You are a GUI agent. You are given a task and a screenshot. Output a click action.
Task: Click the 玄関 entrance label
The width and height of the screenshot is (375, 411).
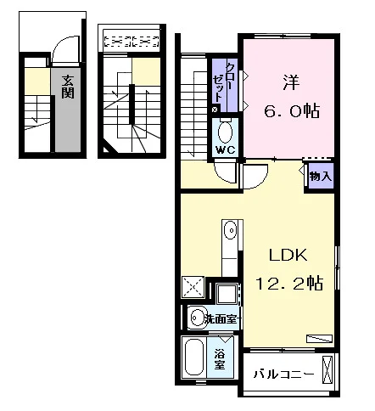tap(68, 87)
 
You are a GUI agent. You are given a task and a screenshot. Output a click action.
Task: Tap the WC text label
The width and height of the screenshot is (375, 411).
tap(225, 149)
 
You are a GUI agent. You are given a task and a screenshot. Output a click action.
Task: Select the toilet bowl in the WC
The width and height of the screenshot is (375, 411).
tap(226, 132)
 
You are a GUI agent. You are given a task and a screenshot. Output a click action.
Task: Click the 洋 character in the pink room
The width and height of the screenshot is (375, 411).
tap(291, 82)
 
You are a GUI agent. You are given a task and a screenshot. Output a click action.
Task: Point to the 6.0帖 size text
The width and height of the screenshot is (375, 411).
tap(292, 111)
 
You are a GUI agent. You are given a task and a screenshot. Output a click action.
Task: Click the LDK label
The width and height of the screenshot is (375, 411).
tap(288, 255)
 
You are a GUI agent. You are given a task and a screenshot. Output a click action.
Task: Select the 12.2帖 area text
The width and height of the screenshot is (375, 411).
tap(289, 283)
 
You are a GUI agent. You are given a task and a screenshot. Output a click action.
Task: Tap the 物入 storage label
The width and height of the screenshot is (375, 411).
tap(321, 177)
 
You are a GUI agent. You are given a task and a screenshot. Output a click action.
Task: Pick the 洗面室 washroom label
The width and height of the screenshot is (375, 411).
tap(221, 319)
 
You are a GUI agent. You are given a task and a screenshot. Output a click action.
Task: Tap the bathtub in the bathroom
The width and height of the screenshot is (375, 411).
tap(194, 358)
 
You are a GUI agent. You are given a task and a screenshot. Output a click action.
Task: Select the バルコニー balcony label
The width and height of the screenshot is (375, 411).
tap(283, 374)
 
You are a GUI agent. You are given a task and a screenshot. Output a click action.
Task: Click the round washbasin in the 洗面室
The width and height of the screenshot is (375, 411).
tap(198, 318)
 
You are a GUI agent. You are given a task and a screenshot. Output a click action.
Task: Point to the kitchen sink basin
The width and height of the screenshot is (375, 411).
tap(230, 230)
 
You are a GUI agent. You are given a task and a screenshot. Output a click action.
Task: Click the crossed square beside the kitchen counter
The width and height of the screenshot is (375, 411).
tap(193, 287)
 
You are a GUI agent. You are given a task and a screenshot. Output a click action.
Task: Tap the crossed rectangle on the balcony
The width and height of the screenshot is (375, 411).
tap(327, 369)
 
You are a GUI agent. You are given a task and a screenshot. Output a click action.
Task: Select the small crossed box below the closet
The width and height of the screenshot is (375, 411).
tap(215, 110)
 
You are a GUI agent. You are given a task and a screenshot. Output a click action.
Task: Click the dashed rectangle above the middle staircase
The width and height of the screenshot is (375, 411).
tap(131, 42)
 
